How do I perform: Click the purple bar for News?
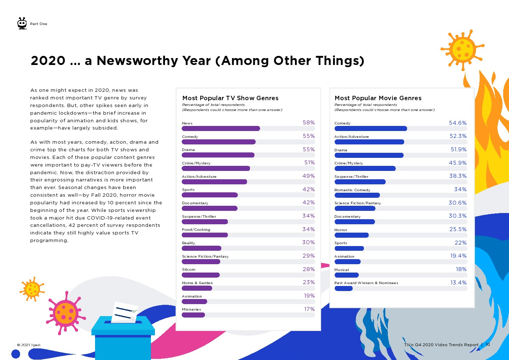pyautogui.click(x=221, y=128)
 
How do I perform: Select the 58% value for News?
pyautogui.click(x=309, y=123)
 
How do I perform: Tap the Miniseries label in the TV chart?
pyautogui.click(x=191, y=310)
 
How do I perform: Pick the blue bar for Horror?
pyautogui.click(x=351, y=235)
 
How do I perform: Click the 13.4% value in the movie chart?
pyautogui.click(x=458, y=283)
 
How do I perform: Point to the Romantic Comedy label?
pyautogui.click(x=352, y=190)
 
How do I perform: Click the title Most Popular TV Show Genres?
pyautogui.click(x=230, y=98)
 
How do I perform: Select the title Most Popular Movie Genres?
pyautogui.click(x=378, y=98)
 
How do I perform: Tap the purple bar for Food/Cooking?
pyautogui.click(x=205, y=235)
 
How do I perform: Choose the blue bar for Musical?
pyautogui.click(x=346, y=275)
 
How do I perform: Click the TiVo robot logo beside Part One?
pyautogui.click(x=22, y=23)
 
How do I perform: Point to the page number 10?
pyautogui.click(x=488, y=344)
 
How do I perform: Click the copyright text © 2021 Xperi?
pyautogui.click(x=29, y=345)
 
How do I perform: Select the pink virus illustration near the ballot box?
pyautogui.click(x=65, y=312)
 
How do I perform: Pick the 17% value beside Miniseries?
pyautogui.click(x=309, y=309)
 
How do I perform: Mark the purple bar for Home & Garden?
pyautogui.click(x=197, y=288)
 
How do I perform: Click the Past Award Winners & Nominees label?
pyautogui.click(x=366, y=283)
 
